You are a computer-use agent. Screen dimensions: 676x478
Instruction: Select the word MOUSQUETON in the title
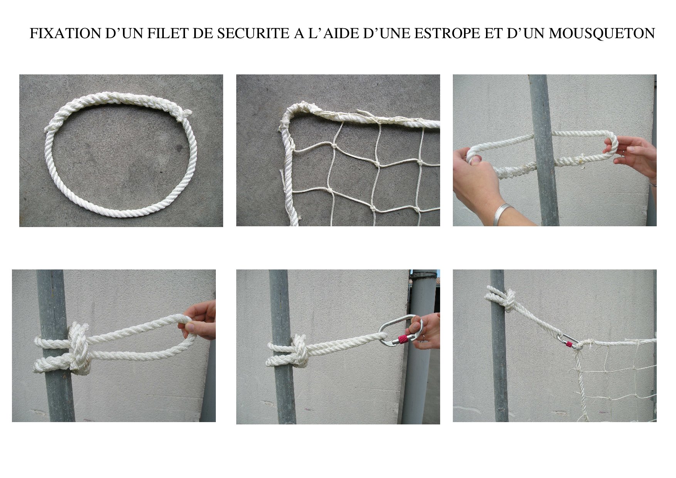coord(602,34)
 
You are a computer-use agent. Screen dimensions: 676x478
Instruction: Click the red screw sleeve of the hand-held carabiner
coord(402,340)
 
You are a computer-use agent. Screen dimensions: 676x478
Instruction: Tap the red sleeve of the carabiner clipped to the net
coord(568,344)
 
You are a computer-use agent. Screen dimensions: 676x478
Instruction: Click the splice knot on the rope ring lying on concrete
coord(184,114)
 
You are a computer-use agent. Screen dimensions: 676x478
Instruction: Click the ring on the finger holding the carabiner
coord(423,338)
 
